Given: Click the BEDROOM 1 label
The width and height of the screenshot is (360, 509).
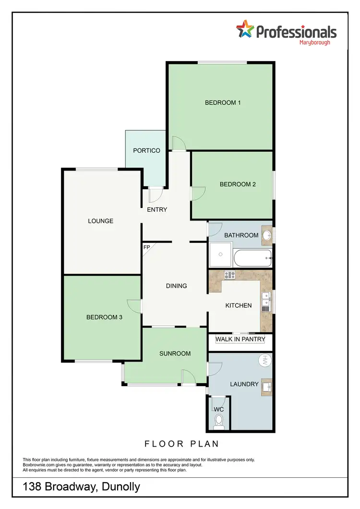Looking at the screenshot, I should click(223, 102).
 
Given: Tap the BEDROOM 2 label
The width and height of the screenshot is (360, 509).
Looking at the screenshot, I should click(238, 184).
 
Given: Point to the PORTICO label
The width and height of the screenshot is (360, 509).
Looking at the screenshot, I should click(146, 151).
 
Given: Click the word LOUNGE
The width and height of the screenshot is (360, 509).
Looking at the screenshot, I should click(101, 221).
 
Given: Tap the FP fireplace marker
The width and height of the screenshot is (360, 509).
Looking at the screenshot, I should click(147, 247).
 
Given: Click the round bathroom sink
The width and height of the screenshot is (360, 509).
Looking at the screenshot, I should click(267, 235).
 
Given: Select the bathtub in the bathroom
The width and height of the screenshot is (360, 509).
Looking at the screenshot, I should click(252, 258).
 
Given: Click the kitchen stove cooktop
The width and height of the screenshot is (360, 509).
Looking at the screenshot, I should click(229, 275).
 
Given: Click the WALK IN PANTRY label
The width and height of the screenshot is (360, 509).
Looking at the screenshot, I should click(240, 339).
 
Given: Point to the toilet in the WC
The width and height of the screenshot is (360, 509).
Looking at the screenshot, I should click(219, 421).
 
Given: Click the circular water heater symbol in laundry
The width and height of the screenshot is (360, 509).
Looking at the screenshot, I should click(264, 361).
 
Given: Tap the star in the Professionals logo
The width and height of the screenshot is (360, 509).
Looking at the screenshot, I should click(245, 30).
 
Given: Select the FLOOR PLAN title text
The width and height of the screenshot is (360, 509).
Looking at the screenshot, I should click(182, 444).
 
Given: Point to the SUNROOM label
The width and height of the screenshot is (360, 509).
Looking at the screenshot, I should click(175, 354).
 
